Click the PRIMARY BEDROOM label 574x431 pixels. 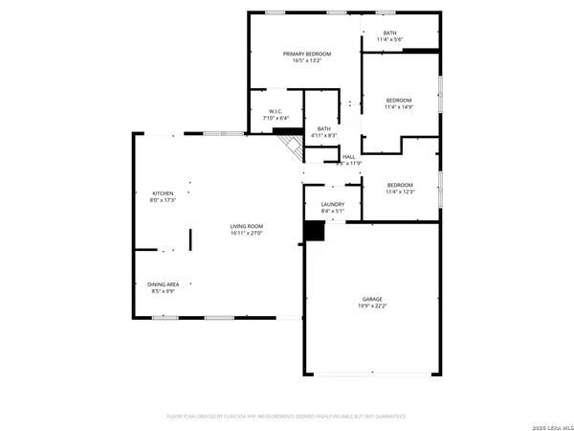[x=306, y=54]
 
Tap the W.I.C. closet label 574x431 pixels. [x=275, y=111]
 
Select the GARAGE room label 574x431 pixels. [x=372, y=299]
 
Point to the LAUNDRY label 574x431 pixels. [x=333, y=204]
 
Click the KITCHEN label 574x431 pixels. [x=162, y=193]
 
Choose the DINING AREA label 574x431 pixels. [x=162, y=284]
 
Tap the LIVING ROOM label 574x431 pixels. [x=246, y=226]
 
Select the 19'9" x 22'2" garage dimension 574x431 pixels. [x=372, y=306]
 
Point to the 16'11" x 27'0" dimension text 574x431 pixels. [x=246, y=233]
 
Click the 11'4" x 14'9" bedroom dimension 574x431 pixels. [x=399, y=107]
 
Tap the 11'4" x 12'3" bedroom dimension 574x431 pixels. [x=399, y=192]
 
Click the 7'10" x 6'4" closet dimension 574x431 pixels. [x=275, y=118]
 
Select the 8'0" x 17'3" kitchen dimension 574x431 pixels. [x=162, y=200]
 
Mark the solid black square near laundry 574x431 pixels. [x=313, y=231]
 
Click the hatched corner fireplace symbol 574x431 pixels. [x=288, y=146]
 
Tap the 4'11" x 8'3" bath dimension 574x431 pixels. [x=324, y=135]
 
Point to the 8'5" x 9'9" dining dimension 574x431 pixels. [x=162, y=291]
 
